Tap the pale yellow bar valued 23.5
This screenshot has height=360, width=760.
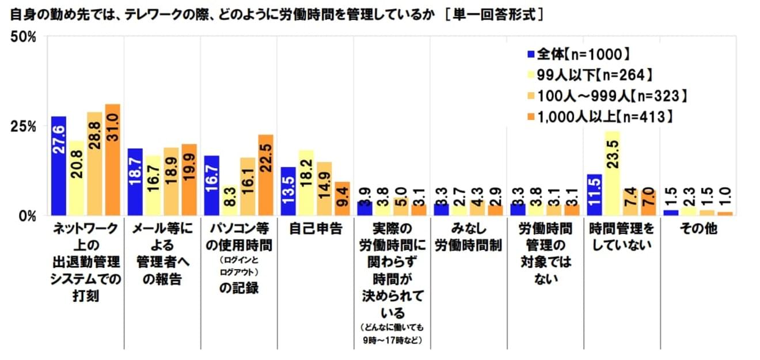pyautogui.click(x=611, y=173)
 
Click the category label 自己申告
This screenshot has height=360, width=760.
pyautogui.click(x=315, y=229)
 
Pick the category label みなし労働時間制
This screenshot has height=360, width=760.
pyautogui.click(x=468, y=237)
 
